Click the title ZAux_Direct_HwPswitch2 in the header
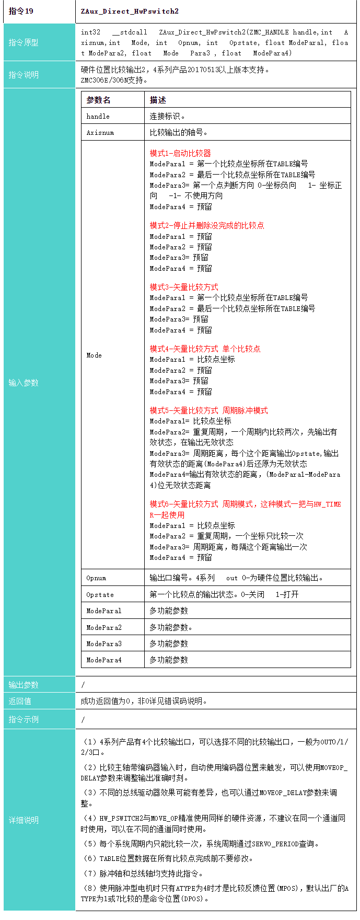click(x=130, y=11)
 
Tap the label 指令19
click(x=21, y=11)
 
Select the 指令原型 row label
click(x=24, y=42)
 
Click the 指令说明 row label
click(x=24, y=75)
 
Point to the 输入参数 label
click(x=24, y=383)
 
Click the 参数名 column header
click(x=98, y=100)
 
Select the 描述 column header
click(x=158, y=100)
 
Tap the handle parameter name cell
click(x=98, y=116)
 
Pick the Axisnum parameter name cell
click(x=100, y=132)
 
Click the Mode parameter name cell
click(x=94, y=355)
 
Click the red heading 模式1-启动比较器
click(x=180, y=153)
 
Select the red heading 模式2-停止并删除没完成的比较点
click(x=207, y=225)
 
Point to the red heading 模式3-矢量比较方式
click(x=184, y=287)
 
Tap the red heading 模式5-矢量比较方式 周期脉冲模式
click(x=208, y=410)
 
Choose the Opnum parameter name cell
click(x=96, y=578)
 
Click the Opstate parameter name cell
click(x=100, y=594)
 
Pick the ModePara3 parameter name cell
click(x=104, y=643)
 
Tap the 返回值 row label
click(x=20, y=701)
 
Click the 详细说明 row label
click(x=24, y=820)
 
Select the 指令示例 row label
click(x=24, y=719)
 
